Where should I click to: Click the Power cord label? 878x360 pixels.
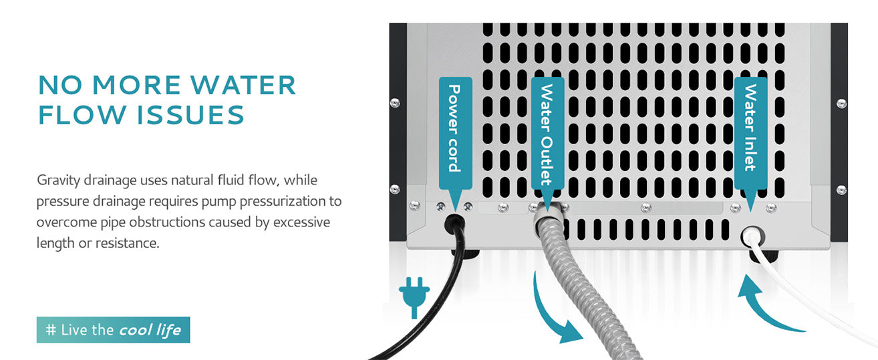coord(455,133)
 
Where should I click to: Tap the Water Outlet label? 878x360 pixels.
coord(547,133)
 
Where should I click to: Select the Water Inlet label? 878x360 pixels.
coord(750,133)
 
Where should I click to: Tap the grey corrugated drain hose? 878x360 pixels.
coord(580,282)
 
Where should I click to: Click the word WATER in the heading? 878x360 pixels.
coord(243,85)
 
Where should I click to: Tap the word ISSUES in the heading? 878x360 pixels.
coord(191,115)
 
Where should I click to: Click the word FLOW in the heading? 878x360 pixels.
coord(82,115)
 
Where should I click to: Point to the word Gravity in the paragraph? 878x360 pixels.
coord(58,180)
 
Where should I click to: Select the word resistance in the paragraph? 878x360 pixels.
coord(128,243)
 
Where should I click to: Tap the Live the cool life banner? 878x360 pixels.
coord(114,330)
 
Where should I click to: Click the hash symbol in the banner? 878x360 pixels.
coord(51,330)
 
